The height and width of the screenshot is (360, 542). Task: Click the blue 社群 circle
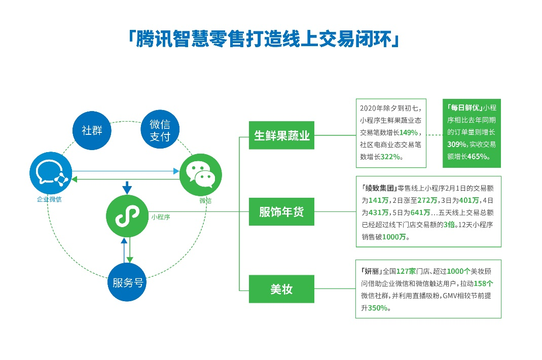92,130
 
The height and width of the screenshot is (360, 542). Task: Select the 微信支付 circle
160,129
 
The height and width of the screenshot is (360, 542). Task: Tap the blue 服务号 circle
127,282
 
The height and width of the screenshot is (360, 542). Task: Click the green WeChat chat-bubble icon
200,175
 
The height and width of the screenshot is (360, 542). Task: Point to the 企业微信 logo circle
51,173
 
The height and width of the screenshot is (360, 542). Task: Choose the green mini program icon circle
127,216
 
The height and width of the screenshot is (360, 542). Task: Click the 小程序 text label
161,217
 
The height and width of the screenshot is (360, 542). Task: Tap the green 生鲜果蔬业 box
281,135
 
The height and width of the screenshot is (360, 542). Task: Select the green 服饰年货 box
281,211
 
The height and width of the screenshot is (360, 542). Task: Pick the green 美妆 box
281,289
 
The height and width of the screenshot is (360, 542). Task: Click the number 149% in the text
409,132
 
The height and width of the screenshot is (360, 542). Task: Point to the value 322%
390,157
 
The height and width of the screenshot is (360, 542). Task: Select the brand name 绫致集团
380,188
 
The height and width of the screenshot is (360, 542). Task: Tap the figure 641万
420,212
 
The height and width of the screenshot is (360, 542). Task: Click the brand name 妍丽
372,271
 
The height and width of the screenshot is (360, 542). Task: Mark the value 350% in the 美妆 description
377,308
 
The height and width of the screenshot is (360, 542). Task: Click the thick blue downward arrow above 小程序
127,188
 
